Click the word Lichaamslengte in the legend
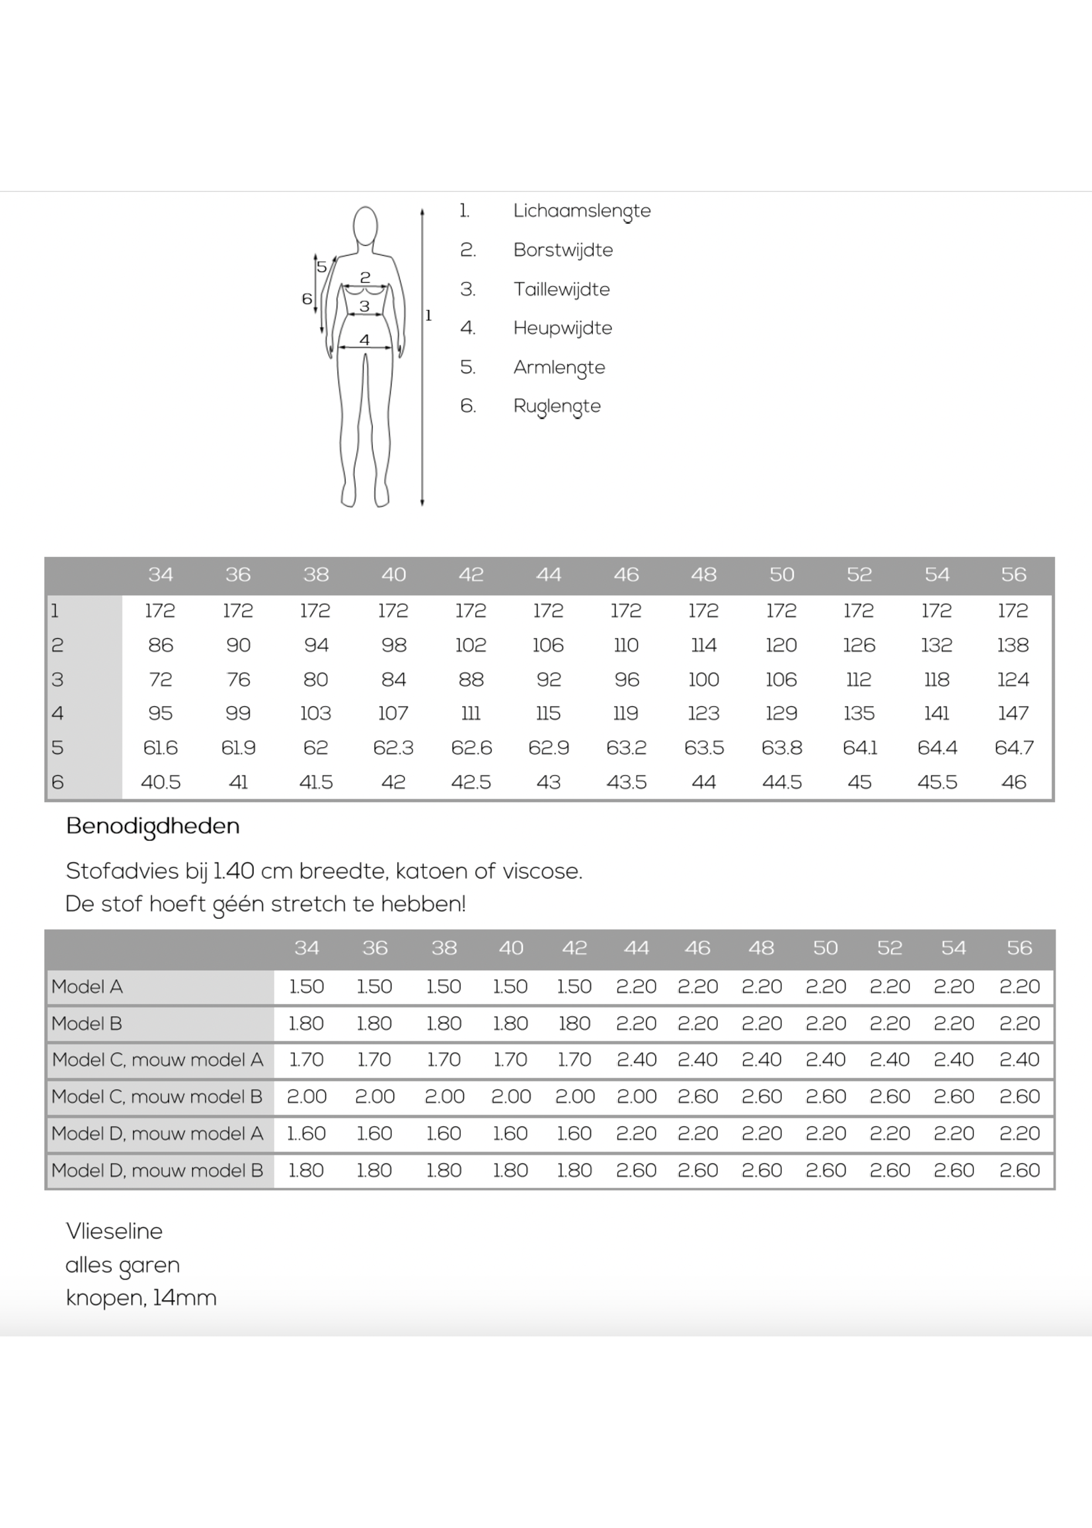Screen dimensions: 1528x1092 pos(582,211)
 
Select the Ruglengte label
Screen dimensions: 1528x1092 pos(557,406)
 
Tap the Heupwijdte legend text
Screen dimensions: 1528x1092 pos(562,328)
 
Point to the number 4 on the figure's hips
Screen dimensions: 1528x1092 pos(364,340)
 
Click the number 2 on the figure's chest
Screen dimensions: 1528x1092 pos(365,277)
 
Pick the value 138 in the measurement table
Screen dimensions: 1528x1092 pos(1013,645)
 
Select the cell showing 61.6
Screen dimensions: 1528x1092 pos(160,747)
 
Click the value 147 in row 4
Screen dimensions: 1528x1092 pos(1013,713)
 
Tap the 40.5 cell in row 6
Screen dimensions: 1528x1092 pos(160,782)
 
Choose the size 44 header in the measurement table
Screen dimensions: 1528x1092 pos(548,575)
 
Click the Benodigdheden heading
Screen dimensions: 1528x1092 pos(153,826)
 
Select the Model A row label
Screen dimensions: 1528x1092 pos(87,986)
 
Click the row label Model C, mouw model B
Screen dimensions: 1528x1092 pos(157,1097)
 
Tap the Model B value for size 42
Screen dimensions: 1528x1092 pos(574,1023)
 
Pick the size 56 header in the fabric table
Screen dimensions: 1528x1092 pos(1019,947)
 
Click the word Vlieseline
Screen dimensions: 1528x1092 pos(114,1231)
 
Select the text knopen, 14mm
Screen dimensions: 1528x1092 pos(141,1297)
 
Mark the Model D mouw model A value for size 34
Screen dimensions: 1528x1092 pos(307,1134)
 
